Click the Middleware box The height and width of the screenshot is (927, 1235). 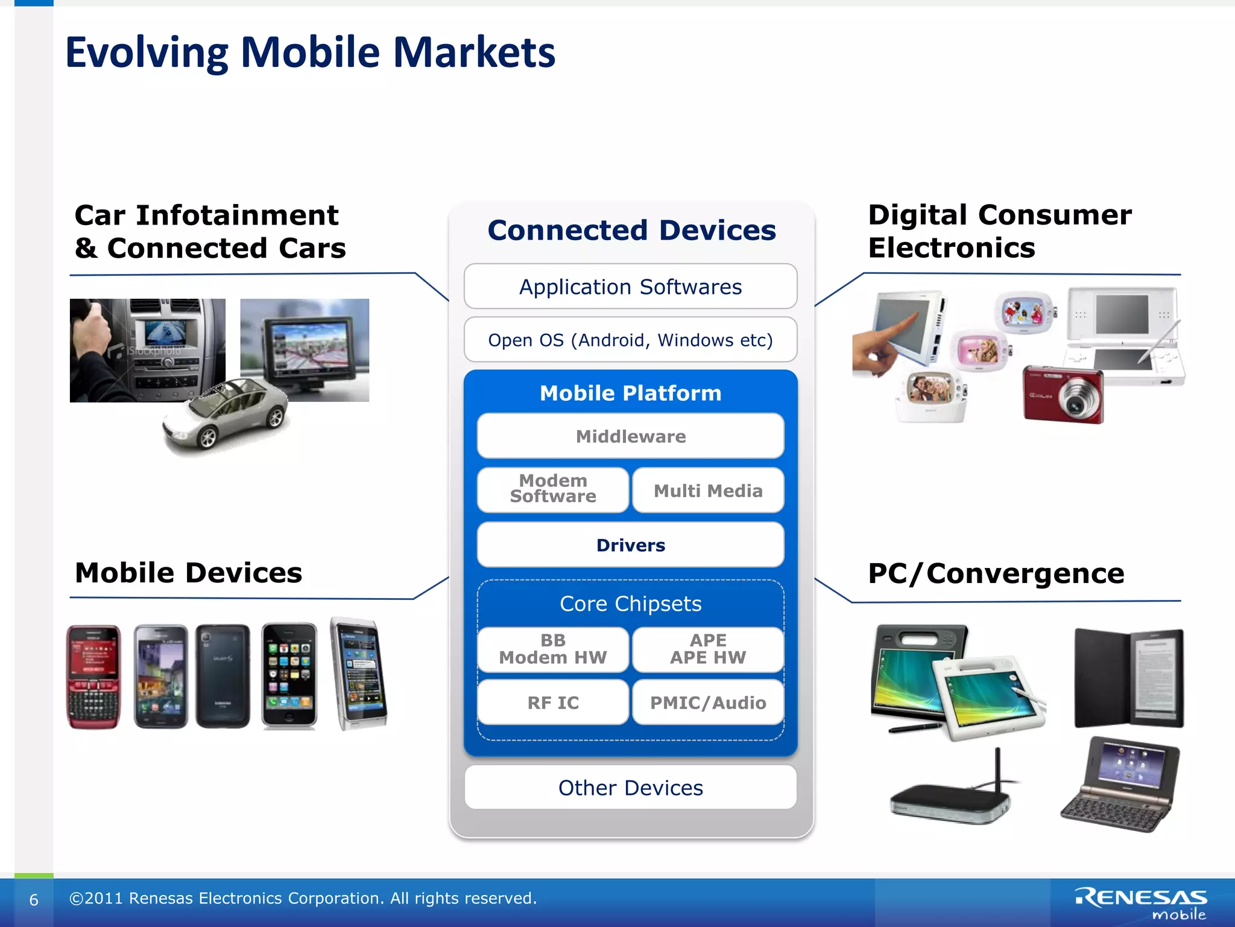pyautogui.click(x=630, y=436)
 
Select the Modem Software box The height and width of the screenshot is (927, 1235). pyautogui.click(x=552, y=489)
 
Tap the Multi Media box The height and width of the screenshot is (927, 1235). pyautogui.click(x=708, y=490)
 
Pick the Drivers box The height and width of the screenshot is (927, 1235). pyautogui.click(x=630, y=544)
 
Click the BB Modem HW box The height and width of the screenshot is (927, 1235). pyautogui.click(x=552, y=649)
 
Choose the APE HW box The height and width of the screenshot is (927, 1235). pyautogui.click(x=708, y=649)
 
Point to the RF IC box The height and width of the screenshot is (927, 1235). pyautogui.click(x=552, y=702)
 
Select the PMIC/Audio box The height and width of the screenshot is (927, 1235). pyautogui.click(x=708, y=702)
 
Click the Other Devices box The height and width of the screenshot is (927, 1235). pyautogui.click(x=630, y=787)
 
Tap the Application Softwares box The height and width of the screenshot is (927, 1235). pyautogui.click(x=630, y=287)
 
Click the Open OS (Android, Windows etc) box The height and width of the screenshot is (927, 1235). pyautogui.click(x=630, y=340)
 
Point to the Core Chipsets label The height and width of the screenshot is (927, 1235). pyautogui.click(x=630, y=604)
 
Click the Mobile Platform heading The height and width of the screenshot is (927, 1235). pyautogui.click(x=630, y=393)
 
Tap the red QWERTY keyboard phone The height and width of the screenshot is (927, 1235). pyautogui.click(x=93, y=677)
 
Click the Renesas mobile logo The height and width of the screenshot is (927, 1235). pyautogui.click(x=1141, y=903)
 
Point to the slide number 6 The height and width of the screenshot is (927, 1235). pyautogui.click(x=34, y=900)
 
